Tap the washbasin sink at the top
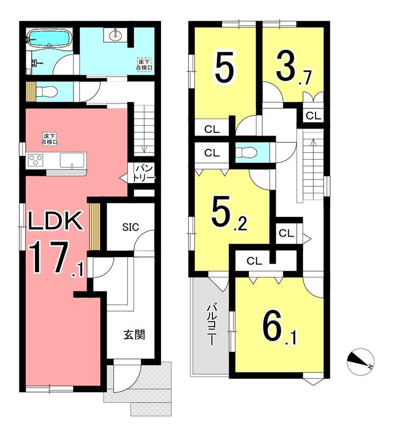pos(115,35)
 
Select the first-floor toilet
pos(46,91)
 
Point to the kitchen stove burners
pos(35,160)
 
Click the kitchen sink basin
pos(72,160)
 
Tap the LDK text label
pos(56,221)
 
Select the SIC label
pos(131,227)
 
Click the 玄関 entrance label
pos(134,335)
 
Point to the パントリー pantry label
pos(144,174)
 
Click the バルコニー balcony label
pos(211,325)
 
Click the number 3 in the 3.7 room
pos(285,66)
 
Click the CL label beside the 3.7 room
pos(313,116)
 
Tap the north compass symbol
pos(360,362)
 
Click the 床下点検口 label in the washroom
pos(144,64)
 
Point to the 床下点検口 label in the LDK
pos(50,139)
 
